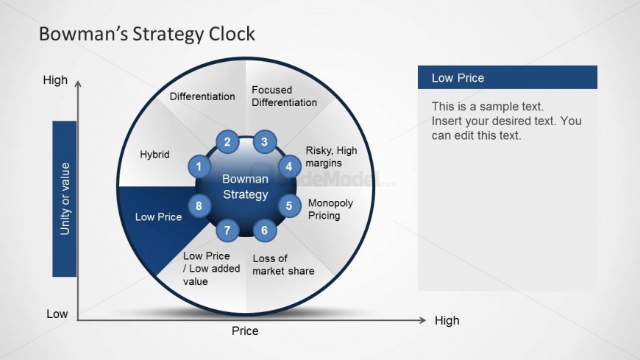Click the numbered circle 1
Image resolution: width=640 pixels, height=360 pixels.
tap(199, 166)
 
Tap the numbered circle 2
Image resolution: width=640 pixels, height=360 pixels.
tap(227, 142)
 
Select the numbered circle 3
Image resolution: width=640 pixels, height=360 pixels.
tap(265, 142)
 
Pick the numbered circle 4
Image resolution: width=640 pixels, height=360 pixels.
tap(289, 166)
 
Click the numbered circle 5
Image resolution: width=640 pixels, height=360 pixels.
tap(289, 205)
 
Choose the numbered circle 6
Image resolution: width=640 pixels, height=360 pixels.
tap(265, 230)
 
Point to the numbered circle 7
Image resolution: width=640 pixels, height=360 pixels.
tap(227, 230)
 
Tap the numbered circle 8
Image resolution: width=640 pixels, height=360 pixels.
tap(199, 205)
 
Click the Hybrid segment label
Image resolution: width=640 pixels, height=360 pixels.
tap(154, 155)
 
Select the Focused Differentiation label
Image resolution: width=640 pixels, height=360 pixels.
tap(284, 96)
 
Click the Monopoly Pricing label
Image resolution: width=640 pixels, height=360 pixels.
tap(330, 209)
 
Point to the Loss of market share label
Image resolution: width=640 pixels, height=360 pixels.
tap(283, 264)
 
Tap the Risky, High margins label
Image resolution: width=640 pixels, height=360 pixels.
tap(332, 157)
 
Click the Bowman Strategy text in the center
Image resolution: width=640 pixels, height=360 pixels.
tap(245, 186)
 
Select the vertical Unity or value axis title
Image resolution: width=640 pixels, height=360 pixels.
tap(65, 199)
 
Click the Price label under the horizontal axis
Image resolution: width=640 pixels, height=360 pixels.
tap(245, 331)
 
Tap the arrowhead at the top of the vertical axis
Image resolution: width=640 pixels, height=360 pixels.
tap(78, 83)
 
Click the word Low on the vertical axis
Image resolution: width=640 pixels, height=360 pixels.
tap(57, 314)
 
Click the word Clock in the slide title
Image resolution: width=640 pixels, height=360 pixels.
tap(232, 34)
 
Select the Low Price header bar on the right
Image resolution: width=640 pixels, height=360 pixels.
tap(508, 77)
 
